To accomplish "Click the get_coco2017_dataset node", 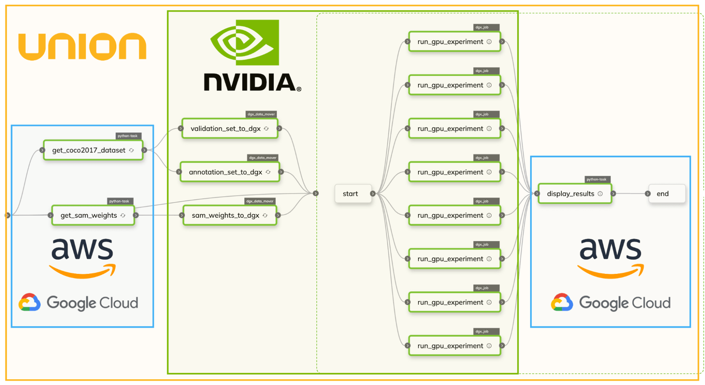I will point(93,150).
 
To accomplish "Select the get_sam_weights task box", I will point(93,215).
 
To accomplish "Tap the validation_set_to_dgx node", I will point(229,129).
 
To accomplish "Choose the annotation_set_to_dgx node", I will point(229,172).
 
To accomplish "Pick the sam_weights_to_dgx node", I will point(229,215).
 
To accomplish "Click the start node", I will point(351,194).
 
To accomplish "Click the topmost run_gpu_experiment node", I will point(454,42).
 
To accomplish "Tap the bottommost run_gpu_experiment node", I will point(454,346).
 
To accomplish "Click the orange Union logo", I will point(82,47).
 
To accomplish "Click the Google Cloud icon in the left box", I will point(30,303).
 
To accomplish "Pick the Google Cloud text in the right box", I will point(624,303).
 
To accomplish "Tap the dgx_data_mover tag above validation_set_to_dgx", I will point(261,114).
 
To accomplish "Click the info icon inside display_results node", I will point(600,194).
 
